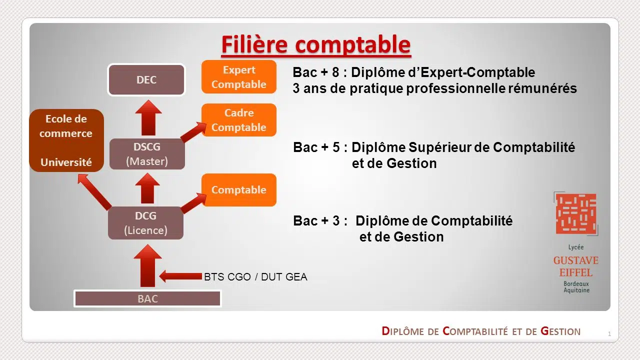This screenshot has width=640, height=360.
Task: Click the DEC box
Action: coord(146,79)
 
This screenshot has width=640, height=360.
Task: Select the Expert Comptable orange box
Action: coord(239,77)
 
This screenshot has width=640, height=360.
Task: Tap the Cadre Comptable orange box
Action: coord(239,120)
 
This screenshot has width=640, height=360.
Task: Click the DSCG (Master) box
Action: coord(147,154)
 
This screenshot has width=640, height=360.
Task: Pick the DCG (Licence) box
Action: coord(145,223)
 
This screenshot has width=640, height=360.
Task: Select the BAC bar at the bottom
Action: coord(147,298)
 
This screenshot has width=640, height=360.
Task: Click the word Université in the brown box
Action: coord(66,162)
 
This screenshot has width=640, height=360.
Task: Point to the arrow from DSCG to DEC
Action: coord(148,117)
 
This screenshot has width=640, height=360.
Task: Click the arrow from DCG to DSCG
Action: coord(147,188)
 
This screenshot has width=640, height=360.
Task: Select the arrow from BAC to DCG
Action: coord(147,265)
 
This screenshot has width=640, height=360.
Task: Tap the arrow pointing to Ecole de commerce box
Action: coord(94,192)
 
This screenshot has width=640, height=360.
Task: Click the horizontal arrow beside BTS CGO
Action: coord(180,276)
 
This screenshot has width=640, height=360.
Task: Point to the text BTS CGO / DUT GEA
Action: coord(255,277)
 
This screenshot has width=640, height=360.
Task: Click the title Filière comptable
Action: coord(316,44)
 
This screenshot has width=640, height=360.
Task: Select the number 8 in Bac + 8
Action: coord(335,72)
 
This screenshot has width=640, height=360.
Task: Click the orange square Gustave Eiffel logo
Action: coord(576,213)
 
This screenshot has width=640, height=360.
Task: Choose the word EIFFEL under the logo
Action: coord(576,272)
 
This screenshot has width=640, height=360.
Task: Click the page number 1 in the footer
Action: coord(609,333)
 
